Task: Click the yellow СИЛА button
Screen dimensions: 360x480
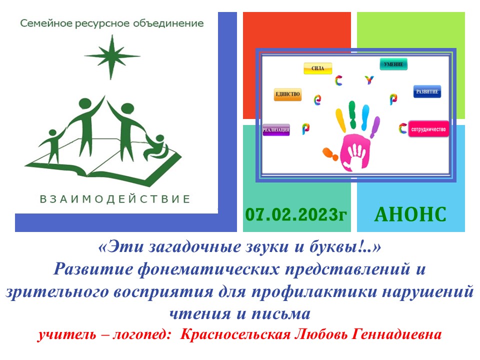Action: point(318,68)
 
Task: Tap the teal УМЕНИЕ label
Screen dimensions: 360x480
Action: point(394,64)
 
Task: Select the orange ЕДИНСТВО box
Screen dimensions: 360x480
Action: point(287,94)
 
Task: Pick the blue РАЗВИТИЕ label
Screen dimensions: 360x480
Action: point(427,92)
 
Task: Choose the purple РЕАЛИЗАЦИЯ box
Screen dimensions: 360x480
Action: point(276,130)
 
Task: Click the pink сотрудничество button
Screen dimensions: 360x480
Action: point(428,128)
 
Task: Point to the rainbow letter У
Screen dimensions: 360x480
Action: point(369,79)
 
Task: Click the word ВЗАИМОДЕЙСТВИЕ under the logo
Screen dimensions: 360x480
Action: point(115,199)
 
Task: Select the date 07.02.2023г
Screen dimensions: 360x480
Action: point(295,214)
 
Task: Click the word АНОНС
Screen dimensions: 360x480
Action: point(410,214)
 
